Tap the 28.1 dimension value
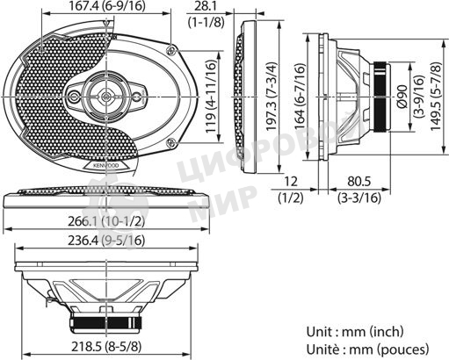[209, 8]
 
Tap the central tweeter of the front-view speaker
[105, 92]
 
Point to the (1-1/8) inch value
[209, 21]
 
